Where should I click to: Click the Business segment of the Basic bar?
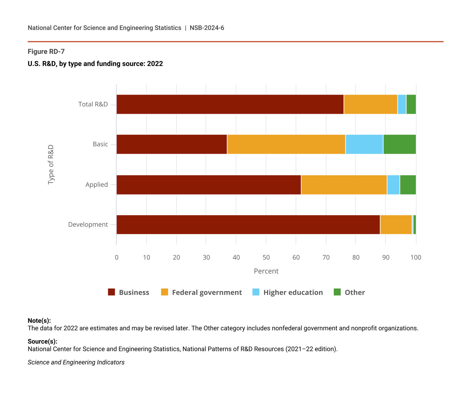coord(172,144)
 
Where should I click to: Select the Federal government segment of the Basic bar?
coord(286,144)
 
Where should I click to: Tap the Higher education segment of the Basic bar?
coord(364,144)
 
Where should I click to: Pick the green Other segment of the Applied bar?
coord(408,185)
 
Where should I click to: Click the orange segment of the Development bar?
coord(396,225)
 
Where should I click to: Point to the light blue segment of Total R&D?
coord(402,104)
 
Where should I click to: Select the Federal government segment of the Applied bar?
coord(344,185)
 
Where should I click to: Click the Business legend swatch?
coord(111,292)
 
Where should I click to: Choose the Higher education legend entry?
coord(293,292)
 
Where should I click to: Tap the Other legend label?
coord(355,292)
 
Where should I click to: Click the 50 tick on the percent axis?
coord(266,258)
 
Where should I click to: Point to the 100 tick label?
coord(416,258)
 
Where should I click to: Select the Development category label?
coord(88,225)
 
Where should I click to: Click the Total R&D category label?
coord(93,104)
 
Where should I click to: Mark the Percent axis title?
coord(266,271)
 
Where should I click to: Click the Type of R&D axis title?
coord(51,165)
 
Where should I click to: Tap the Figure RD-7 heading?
coord(46,52)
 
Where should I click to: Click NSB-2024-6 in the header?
coord(207,28)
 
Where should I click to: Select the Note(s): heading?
coord(39,321)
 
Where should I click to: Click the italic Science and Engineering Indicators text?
coord(76,362)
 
